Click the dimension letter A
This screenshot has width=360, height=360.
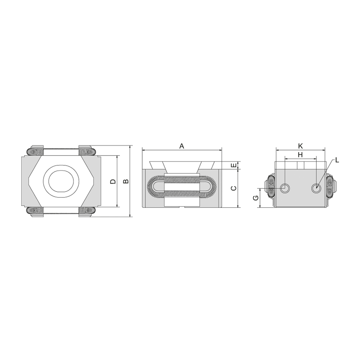tap(181, 146)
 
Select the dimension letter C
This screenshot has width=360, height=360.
tap(233, 188)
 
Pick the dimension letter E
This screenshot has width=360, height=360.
tap(233, 165)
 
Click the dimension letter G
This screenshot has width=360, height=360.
tap(256, 198)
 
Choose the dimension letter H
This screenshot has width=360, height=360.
tap(300, 155)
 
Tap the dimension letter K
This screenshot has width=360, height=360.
tap(301, 146)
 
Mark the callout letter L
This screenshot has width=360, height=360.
tap(337, 160)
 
